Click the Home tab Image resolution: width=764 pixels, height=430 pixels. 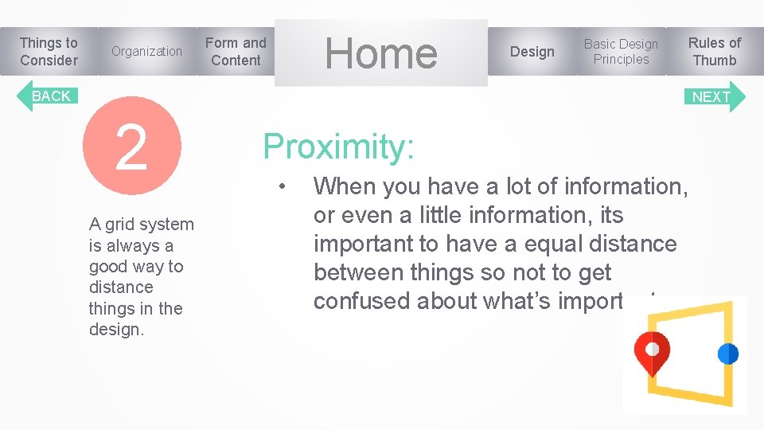381,53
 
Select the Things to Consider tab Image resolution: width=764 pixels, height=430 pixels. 49,52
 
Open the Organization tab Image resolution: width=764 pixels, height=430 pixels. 146,52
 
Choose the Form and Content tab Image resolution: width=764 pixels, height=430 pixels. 236,52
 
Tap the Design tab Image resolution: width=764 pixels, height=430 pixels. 532,52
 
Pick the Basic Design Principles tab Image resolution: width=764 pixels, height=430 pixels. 621,52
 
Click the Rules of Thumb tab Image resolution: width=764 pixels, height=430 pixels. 714,52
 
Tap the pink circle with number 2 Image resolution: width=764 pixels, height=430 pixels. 132,147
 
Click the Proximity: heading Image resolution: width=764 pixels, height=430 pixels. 338,147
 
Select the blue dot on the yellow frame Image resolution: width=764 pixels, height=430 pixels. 727,354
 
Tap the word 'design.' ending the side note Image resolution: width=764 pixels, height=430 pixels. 116,330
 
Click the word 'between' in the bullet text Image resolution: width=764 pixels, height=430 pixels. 359,272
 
